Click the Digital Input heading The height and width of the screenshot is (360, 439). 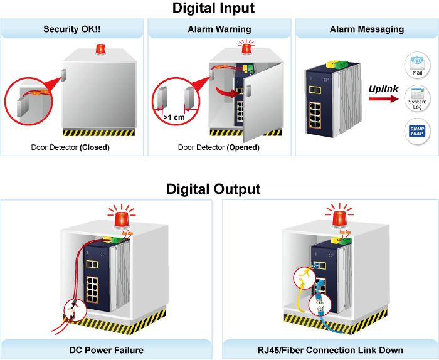[213, 8]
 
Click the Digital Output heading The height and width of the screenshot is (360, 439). [213, 189]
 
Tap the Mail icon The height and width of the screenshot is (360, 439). [417, 65]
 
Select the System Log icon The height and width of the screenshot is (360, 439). [417, 98]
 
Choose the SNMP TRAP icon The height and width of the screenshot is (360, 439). [417, 131]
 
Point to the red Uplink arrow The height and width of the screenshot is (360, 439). [384, 99]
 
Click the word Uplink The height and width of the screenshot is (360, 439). [383, 89]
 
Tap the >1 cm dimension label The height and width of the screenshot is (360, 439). [174, 117]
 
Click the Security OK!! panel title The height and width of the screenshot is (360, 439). [72, 29]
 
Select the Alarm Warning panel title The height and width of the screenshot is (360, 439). [219, 29]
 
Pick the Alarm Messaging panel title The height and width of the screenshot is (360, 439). [367, 29]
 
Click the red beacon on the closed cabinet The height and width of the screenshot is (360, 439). [100, 49]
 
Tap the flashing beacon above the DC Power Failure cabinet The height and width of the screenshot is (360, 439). [122, 218]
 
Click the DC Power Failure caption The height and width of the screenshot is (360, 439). [107, 350]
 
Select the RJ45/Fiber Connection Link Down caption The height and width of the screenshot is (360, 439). [331, 350]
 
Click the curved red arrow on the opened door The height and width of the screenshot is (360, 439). [226, 92]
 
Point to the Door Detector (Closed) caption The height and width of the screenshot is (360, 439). [70, 147]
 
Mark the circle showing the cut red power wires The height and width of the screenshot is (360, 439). [75, 310]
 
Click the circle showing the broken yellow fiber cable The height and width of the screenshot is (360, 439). [305, 278]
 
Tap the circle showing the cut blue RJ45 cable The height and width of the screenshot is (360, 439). [320, 305]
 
